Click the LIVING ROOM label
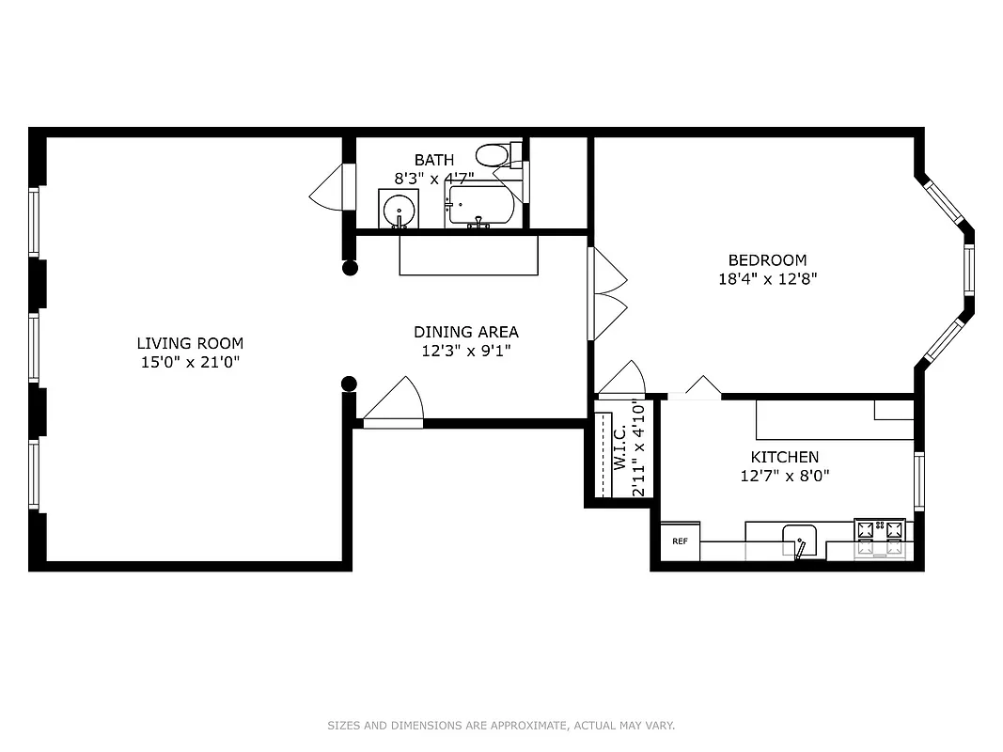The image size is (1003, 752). (190, 343)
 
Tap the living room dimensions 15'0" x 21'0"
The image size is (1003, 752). (190, 362)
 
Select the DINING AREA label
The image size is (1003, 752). (465, 332)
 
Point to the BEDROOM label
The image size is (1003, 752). (767, 260)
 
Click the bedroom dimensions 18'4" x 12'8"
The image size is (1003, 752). (767, 279)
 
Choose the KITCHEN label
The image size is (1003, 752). (784, 457)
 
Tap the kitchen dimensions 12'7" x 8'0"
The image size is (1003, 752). (784, 476)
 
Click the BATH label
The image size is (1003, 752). (433, 161)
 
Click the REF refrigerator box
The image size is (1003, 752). (680, 541)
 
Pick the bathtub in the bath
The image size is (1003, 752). (480, 205)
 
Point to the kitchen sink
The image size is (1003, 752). (801, 540)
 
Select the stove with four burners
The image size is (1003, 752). (880, 539)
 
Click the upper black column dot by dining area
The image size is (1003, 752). (350, 268)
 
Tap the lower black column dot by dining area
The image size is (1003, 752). (349, 383)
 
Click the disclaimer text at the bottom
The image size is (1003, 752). (501, 726)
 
